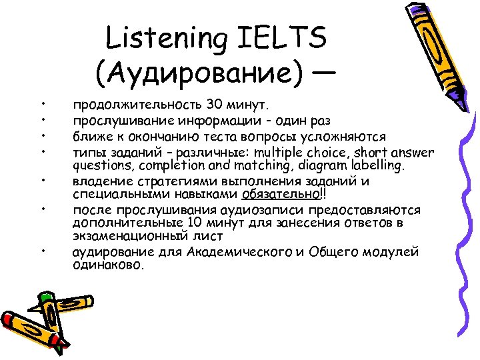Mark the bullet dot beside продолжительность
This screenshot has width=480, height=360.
pyautogui.click(x=41, y=105)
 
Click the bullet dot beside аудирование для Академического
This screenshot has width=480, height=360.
pyautogui.click(x=41, y=251)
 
